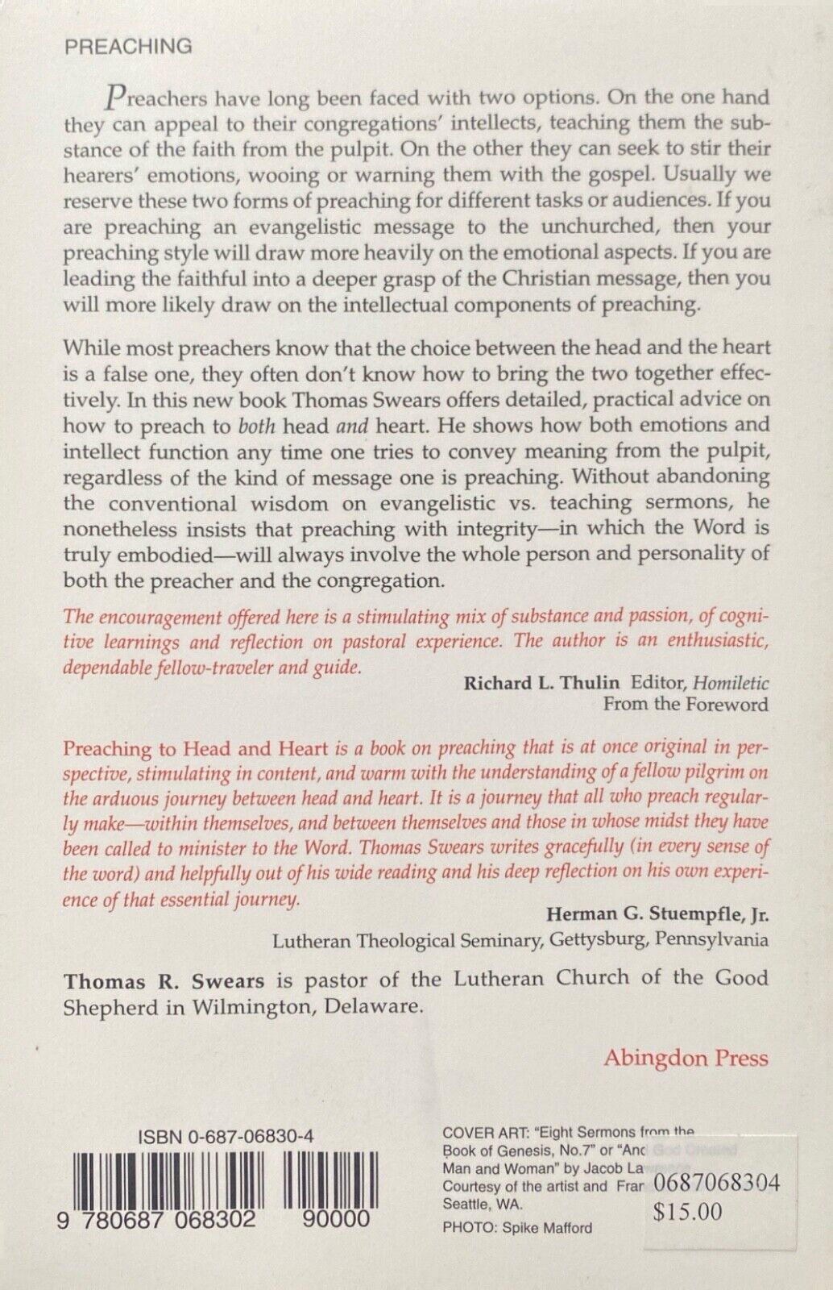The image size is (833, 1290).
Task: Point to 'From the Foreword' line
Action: [x=686, y=704]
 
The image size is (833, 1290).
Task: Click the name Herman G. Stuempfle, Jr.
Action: [x=657, y=913]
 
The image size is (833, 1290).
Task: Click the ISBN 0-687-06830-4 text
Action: [x=226, y=1136]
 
